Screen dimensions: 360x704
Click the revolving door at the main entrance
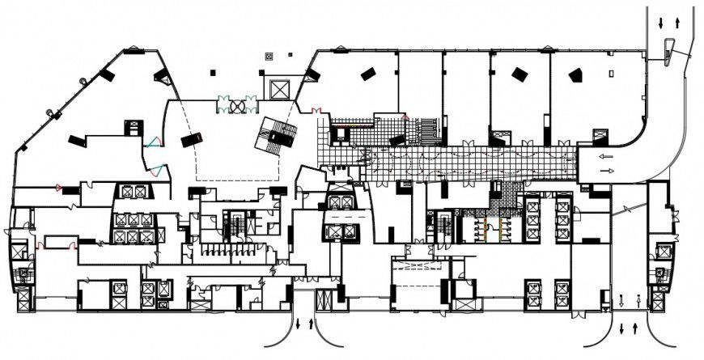(x=237, y=105)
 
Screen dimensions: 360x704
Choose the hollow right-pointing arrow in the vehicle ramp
(x=607, y=172)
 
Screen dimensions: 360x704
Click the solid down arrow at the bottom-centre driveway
(x=298, y=324)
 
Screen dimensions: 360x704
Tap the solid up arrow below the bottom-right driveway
(x=634, y=328)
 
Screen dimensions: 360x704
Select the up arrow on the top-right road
(x=675, y=23)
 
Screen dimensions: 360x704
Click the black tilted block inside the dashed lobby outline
(x=193, y=140)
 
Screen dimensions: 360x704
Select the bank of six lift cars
(x=132, y=227)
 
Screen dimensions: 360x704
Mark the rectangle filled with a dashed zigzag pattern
(x=418, y=265)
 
